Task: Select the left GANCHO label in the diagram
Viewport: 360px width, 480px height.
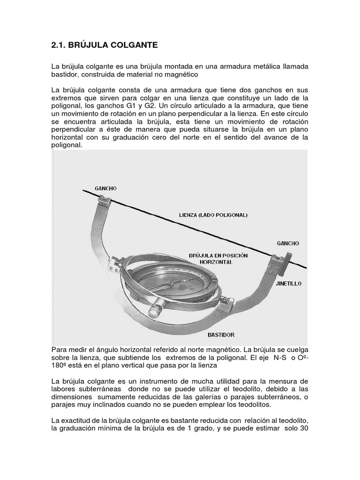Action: pyautogui.click(x=105, y=188)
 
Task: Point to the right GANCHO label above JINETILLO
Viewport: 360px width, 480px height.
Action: pyautogui.click(x=288, y=244)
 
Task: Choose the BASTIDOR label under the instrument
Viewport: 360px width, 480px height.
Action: pyautogui.click(x=221, y=335)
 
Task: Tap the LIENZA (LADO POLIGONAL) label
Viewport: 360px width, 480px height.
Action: pyautogui.click(x=213, y=215)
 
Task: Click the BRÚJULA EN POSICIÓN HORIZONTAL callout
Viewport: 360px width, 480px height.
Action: pyautogui.click(x=218, y=259)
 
